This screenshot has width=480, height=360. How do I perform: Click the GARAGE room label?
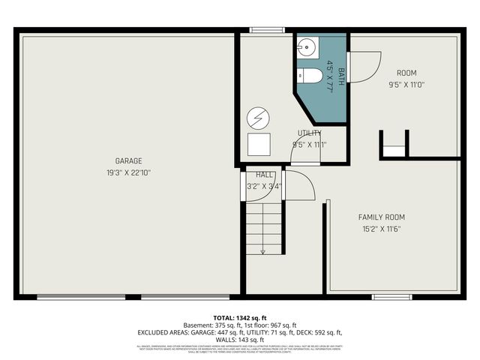(128, 160)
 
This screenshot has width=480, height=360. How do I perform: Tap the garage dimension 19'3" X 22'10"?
(128, 172)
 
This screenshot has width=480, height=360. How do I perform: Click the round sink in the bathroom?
(307, 49)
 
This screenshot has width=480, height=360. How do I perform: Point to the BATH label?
(341, 76)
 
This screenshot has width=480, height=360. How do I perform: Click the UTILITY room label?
(309, 133)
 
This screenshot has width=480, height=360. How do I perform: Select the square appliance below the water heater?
(259, 143)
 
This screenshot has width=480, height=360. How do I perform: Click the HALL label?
(254, 175)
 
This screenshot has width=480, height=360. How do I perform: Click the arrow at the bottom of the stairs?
(262, 252)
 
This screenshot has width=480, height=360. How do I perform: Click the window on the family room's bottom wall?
(391, 297)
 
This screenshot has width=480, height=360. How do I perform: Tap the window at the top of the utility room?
(261, 31)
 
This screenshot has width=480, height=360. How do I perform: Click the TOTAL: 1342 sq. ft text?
(239, 317)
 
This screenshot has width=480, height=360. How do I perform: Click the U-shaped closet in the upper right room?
(394, 145)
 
